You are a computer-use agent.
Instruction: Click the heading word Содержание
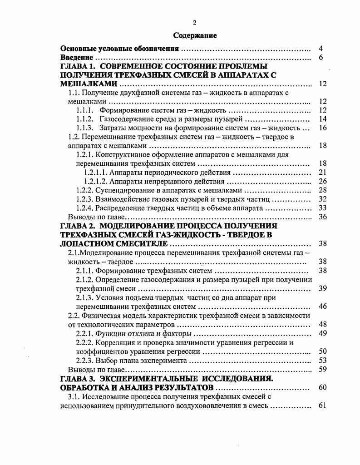pyautogui.click(x=196, y=35)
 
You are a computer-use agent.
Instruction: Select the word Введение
pyautogui.click(x=77, y=58)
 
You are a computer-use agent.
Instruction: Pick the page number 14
pyautogui.click(x=323, y=119)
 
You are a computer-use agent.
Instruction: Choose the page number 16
pyautogui.click(x=323, y=128)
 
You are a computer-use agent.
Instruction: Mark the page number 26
pyautogui.click(x=323, y=182)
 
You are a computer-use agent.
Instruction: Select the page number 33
pyautogui.click(x=323, y=208)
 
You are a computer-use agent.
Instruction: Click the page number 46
pyautogui.click(x=323, y=307)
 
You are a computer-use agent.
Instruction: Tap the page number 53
pyautogui.click(x=323, y=361)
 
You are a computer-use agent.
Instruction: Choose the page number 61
pyautogui.click(x=323, y=406)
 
